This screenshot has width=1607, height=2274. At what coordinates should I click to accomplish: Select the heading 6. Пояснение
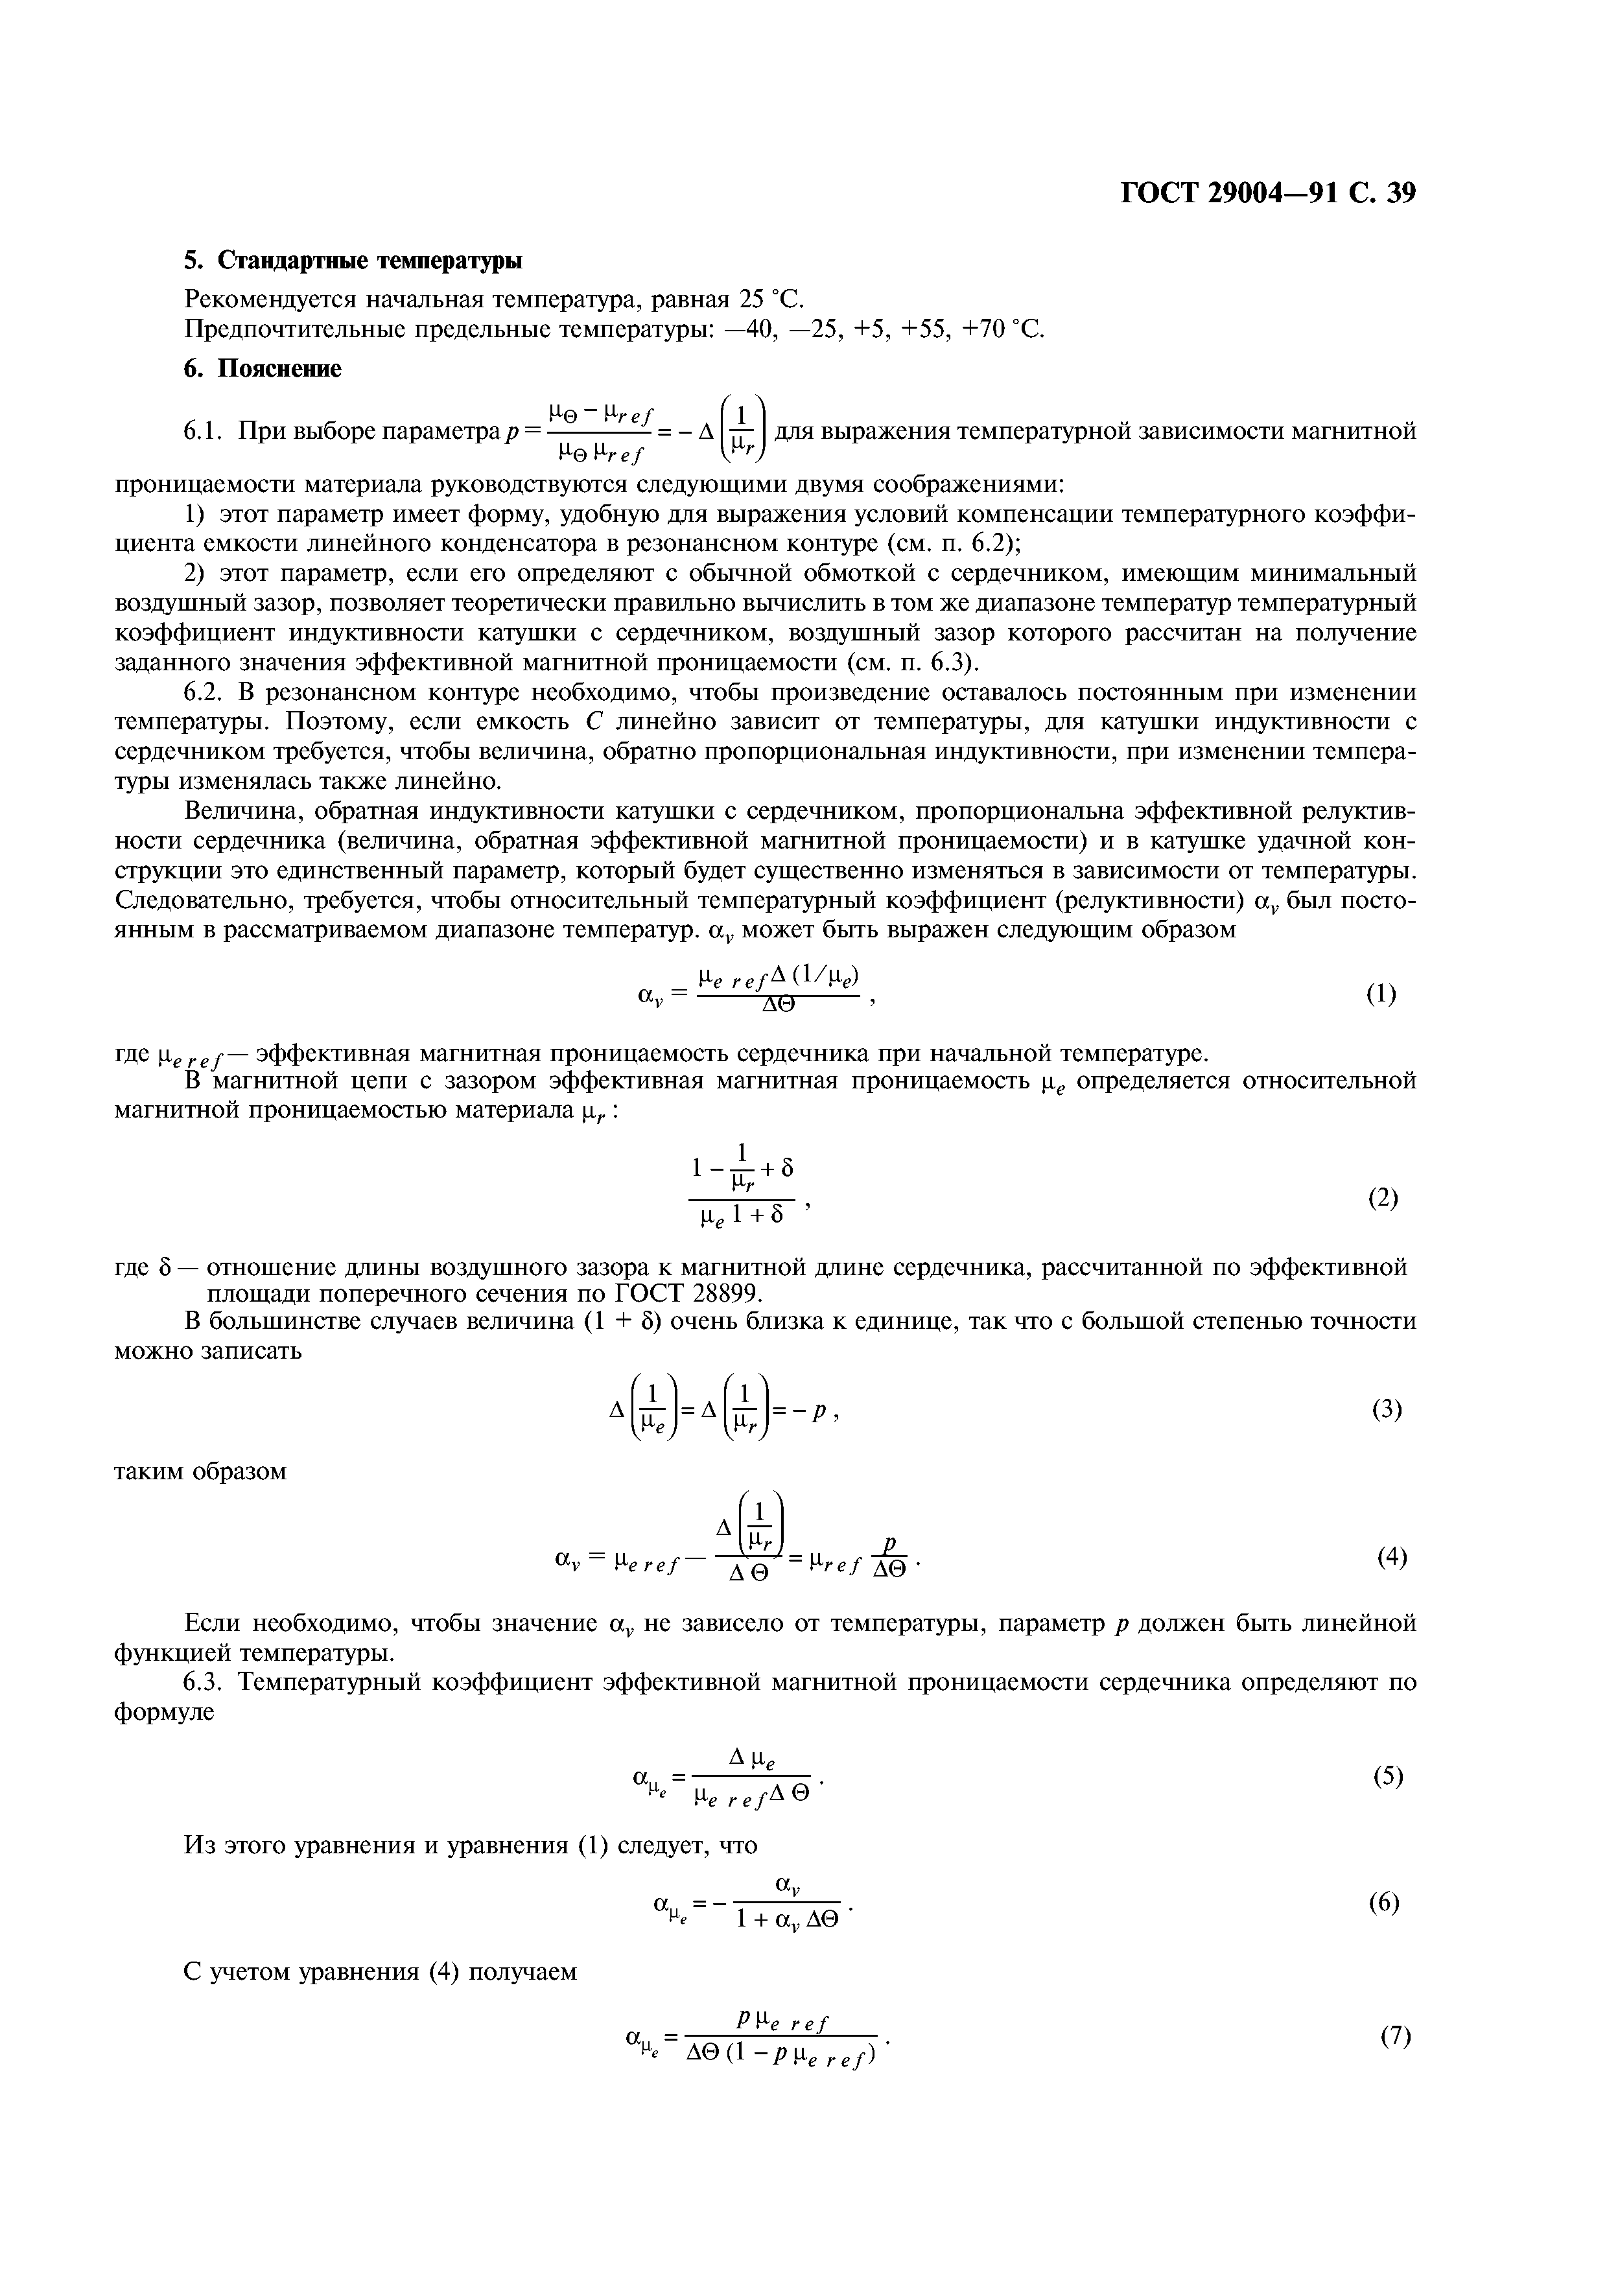[x=263, y=368]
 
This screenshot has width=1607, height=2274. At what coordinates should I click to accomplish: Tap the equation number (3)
[x=1386, y=1409]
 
